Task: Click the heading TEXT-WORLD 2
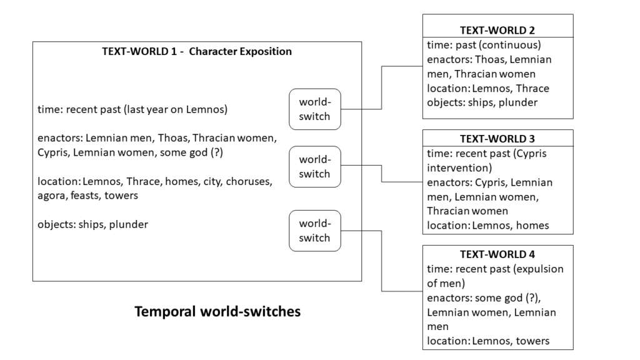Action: pyautogui.click(x=497, y=30)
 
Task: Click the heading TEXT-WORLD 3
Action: pyautogui.click(x=497, y=139)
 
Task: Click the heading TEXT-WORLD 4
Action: pyautogui.click(x=497, y=254)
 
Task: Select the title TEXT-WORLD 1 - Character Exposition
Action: pyautogui.click(x=197, y=51)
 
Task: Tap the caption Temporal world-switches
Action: pyautogui.click(x=217, y=311)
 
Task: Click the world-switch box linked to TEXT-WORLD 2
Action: pyautogui.click(x=314, y=109)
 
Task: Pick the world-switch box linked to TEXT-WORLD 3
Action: pyautogui.click(x=314, y=167)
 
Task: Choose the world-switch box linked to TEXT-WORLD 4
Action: pyautogui.click(x=314, y=231)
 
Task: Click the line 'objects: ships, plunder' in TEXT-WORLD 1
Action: pyautogui.click(x=92, y=224)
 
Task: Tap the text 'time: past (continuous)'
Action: pyautogui.click(x=484, y=45)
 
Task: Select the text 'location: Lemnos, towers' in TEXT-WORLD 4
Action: pyautogui.click(x=488, y=341)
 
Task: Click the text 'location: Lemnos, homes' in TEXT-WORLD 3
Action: pyautogui.click(x=488, y=225)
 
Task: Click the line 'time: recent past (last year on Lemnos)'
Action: pyautogui.click(x=132, y=110)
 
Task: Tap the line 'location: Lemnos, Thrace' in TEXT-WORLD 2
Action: pyautogui.click(x=488, y=88)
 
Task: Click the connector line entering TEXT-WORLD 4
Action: pyautogui.click(x=382, y=262)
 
